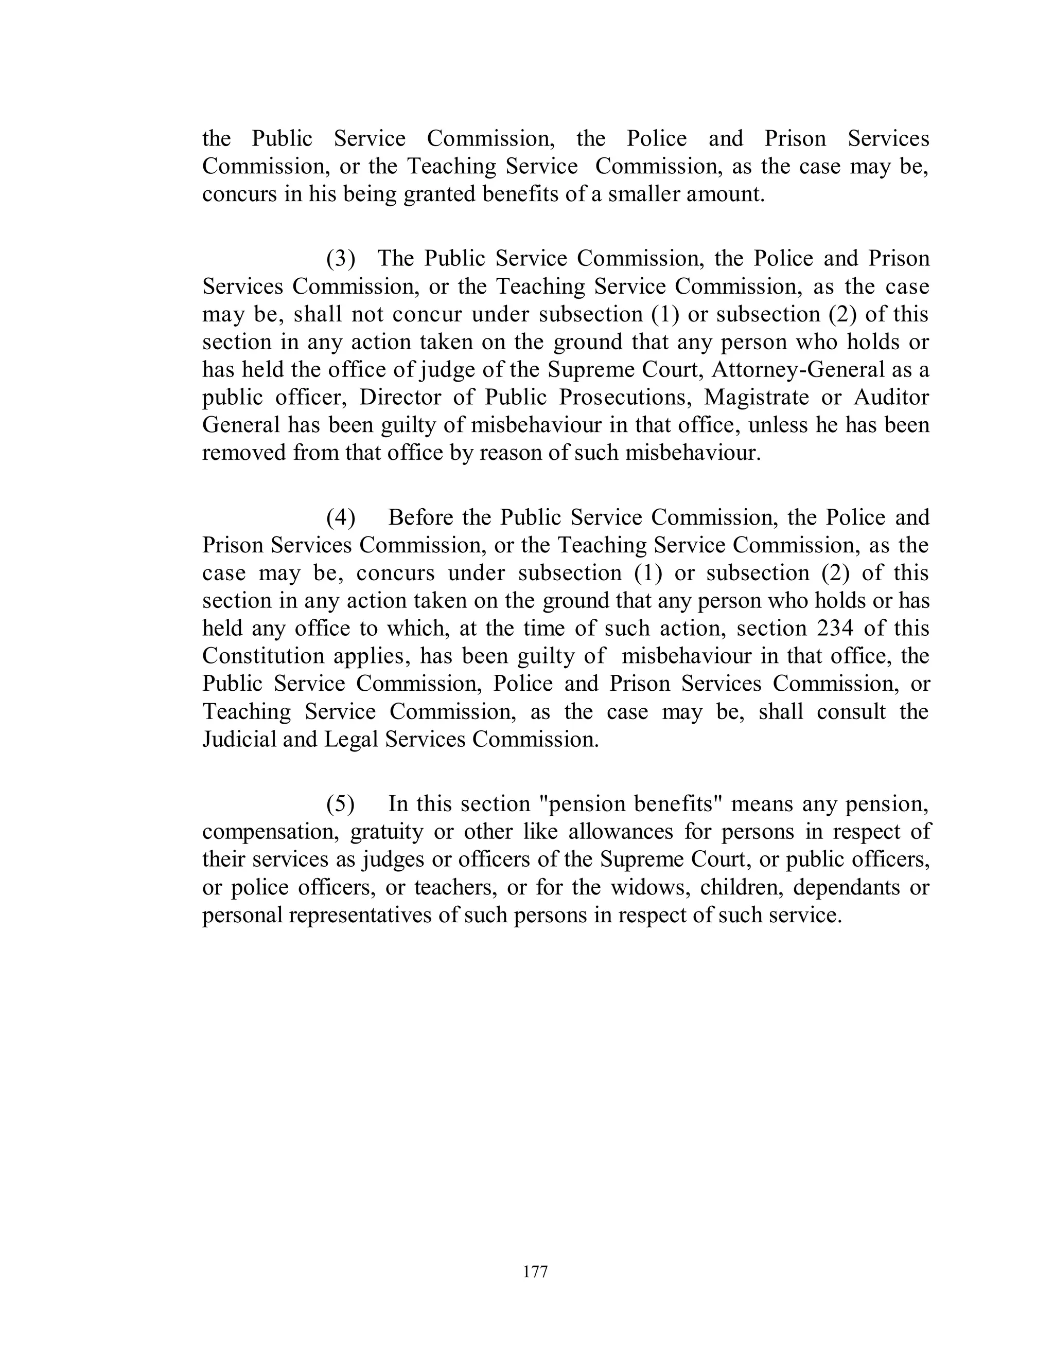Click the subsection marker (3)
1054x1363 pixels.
coord(341,258)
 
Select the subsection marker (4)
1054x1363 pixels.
coord(341,517)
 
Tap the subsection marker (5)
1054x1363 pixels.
coord(341,804)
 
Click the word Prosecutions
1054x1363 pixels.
coord(623,397)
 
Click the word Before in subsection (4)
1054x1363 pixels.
coord(421,517)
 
